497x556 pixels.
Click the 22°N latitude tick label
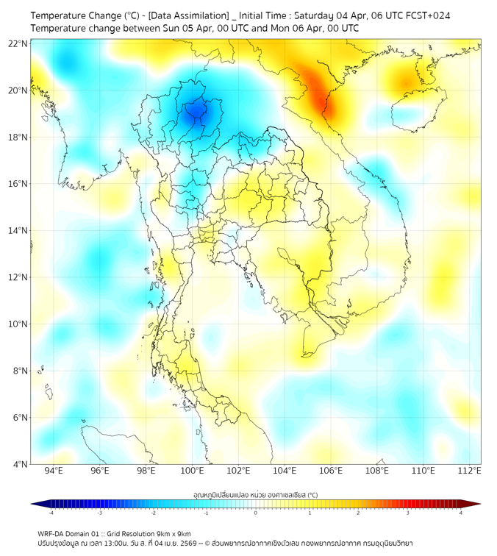(18, 43)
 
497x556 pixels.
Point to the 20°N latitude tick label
(18, 90)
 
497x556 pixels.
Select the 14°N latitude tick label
(18, 230)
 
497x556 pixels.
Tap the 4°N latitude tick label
(20, 464)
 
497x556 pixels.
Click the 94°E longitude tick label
(54, 471)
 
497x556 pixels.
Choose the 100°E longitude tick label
(192, 471)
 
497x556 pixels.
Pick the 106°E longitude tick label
(331, 471)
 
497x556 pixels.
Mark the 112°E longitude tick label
(469, 471)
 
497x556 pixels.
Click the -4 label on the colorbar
(51, 513)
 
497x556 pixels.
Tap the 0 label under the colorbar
(256, 513)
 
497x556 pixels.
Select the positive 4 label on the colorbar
(460, 513)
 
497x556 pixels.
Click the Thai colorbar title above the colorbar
(255, 493)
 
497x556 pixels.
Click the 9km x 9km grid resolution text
(174, 533)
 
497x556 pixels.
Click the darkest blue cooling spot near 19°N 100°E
(196, 111)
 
